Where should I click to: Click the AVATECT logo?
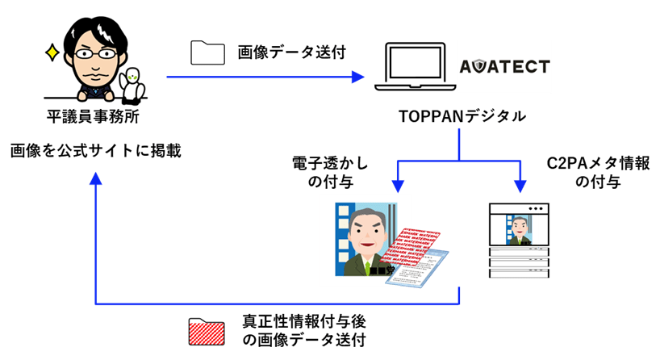[x=504, y=66]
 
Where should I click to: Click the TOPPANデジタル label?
[x=462, y=117]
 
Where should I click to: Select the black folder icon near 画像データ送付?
[x=207, y=52]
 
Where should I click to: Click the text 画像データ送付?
[x=291, y=53]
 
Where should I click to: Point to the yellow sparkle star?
[x=52, y=53]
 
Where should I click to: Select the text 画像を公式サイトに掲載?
[x=95, y=150]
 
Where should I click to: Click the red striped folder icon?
[x=207, y=332]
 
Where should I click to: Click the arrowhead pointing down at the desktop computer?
[x=520, y=187]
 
